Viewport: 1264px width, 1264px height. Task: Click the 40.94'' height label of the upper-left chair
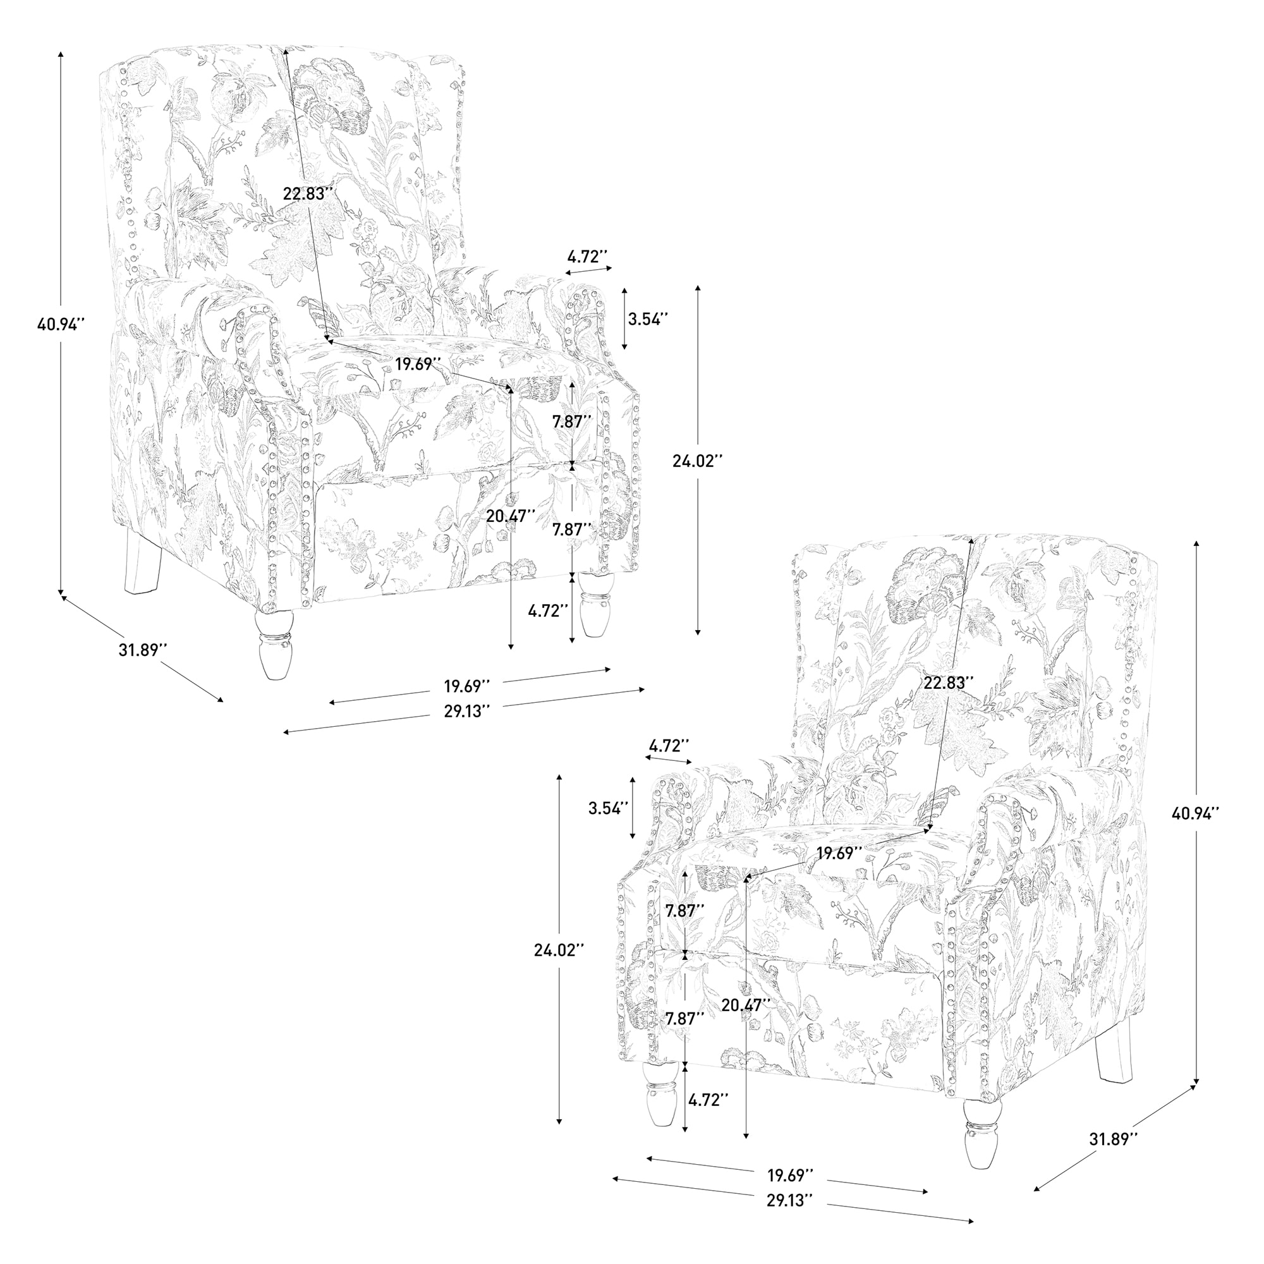coord(61,324)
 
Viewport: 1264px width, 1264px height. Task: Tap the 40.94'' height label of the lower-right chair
coord(1196,813)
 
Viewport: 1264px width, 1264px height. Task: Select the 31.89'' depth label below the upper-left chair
coord(143,650)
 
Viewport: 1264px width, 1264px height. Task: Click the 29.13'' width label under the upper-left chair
coord(467,712)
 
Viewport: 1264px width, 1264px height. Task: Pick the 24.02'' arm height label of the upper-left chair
coord(698,461)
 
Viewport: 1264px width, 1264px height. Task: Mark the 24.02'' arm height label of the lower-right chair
coord(558,949)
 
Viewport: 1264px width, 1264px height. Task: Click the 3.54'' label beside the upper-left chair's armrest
coord(648,319)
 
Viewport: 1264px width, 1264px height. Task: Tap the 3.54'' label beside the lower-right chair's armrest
coord(609,807)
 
